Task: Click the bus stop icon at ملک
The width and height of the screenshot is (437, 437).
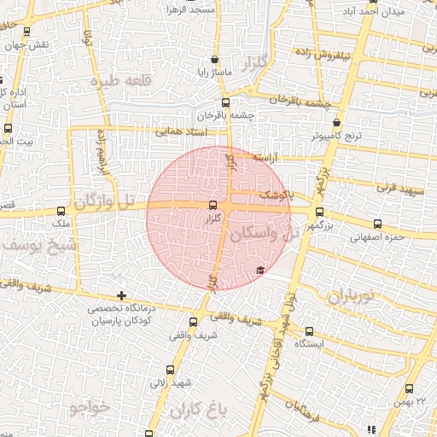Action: click(61, 211)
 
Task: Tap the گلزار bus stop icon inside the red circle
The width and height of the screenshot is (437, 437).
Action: click(213, 205)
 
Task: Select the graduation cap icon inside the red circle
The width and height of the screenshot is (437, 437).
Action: click(259, 271)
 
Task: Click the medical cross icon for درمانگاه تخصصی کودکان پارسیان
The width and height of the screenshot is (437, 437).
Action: click(122, 295)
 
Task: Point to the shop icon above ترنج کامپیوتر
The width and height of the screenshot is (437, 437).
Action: click(337, 123)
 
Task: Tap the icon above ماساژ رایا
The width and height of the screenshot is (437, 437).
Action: click(213, 61)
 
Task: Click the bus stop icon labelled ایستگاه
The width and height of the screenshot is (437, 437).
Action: click(309, 332)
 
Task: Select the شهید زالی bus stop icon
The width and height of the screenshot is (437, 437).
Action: click(170, 370)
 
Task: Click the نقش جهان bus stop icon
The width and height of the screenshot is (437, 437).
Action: click(26, 32)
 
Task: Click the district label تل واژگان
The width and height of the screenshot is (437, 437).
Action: click(104, 202)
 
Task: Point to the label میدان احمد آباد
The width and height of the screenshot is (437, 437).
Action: click(371, 11)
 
